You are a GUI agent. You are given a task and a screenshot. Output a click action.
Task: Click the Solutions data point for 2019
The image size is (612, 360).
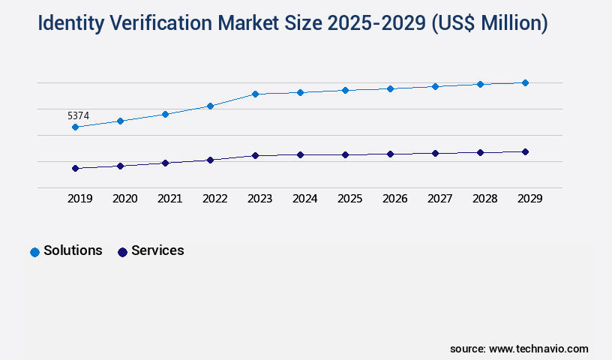pos(75,127)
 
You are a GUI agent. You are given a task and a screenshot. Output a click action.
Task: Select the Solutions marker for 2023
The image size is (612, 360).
pos(255,94)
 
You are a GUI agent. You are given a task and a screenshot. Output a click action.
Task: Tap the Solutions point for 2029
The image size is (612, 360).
pos(525,82)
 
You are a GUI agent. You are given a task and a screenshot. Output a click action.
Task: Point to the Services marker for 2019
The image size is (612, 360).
pos(75,168)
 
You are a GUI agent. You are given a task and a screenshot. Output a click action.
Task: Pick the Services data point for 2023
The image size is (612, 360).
pos(255,155)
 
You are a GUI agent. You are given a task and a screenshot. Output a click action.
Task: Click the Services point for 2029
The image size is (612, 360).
pos(525,151)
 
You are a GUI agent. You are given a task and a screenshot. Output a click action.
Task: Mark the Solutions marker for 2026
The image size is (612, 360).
pos(390,88)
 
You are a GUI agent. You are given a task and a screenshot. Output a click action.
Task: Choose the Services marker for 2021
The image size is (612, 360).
pos(165,163)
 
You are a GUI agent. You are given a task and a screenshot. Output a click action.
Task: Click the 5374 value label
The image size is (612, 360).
pos(78,115)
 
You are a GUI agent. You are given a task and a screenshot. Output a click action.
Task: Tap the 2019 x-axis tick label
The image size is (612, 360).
pos(80,199)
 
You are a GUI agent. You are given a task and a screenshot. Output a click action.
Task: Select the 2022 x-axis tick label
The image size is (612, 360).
pos(215,199)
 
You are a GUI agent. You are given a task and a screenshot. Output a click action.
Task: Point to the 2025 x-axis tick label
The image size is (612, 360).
pos(350,199)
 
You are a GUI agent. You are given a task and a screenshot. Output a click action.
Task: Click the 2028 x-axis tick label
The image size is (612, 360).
pos(485,199)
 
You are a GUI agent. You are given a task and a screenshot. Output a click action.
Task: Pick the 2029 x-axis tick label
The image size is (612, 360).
pos(530,199)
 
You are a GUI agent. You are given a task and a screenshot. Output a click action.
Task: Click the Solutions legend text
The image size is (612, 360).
pos(73,250)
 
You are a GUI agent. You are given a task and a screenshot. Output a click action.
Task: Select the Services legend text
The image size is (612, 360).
pos(157,250)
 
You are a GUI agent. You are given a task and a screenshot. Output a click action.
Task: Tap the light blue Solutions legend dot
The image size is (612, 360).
pos(34,252)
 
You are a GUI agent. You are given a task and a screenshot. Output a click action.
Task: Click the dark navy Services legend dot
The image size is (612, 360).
pos(122,252)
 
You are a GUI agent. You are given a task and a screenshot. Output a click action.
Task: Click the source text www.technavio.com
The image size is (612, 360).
pos(538,349)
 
